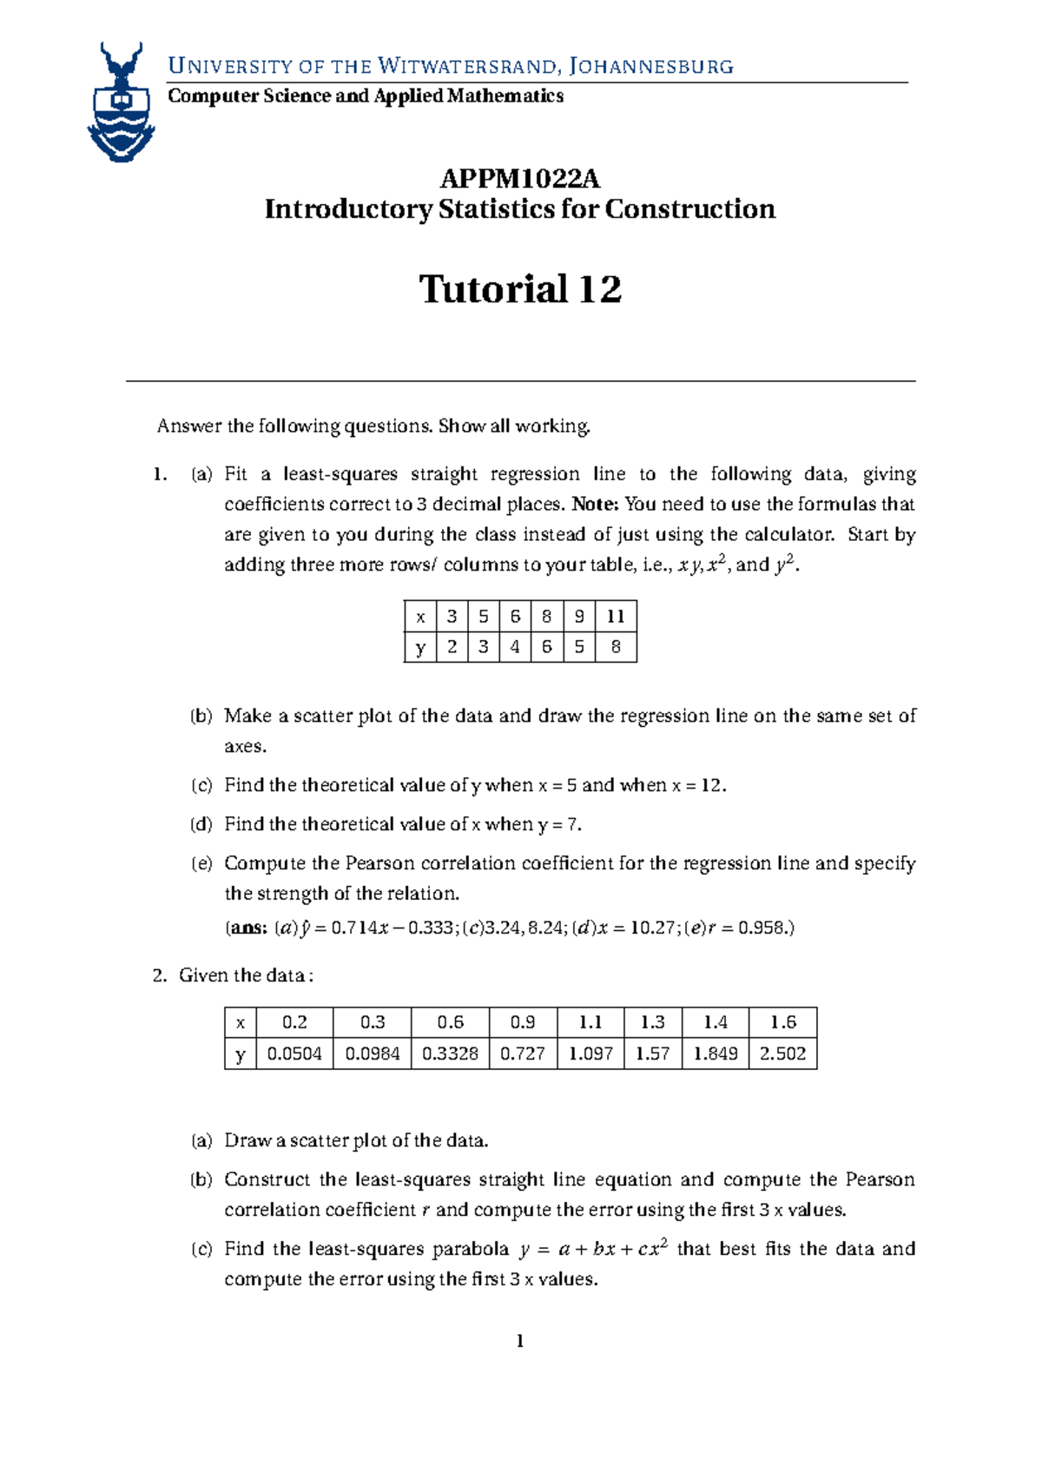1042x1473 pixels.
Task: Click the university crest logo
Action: [x=121, y=102]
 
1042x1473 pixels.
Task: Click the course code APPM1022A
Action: [x=519, y=179]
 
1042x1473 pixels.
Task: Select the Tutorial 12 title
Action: [x=519, y=289]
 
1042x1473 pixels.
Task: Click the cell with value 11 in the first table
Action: [x=616, y=617]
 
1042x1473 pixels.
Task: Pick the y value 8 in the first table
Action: [x=616, y=647]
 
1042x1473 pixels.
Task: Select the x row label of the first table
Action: [x=420, y=617]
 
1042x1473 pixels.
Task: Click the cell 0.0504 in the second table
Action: [x=294, y=1054]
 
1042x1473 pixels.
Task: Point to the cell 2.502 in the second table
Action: [x=782, y=1054]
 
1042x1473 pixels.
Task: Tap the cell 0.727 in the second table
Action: [x=523, y=1054]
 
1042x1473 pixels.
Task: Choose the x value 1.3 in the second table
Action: [x=652, y=1022]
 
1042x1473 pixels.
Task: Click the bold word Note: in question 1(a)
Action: [x=596, y=505]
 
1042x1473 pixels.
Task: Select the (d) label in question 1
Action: [x=201, y=824]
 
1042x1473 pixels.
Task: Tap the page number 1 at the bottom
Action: [x=519, y=1342]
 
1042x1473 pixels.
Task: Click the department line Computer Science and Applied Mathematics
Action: [x=366, y=96]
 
